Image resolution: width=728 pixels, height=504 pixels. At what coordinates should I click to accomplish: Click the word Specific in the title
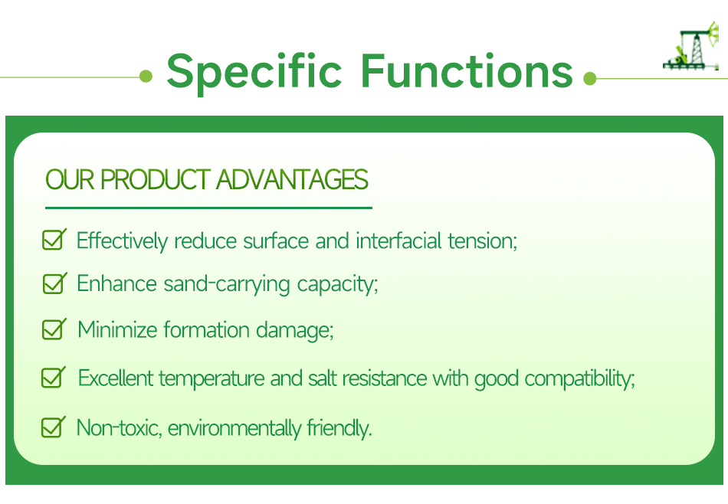(x=254, y=72)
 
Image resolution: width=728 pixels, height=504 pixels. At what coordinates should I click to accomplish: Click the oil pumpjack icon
(x=691, y=46)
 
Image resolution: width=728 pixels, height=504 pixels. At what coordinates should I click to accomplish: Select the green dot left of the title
(x=146, y=76)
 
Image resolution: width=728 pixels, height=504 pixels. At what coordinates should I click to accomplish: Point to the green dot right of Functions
(x=589, y=78)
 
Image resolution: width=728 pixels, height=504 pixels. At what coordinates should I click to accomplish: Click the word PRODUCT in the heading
(x=156, y=179)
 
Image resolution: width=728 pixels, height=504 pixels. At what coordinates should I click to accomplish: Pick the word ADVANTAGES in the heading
(x=292, y=179)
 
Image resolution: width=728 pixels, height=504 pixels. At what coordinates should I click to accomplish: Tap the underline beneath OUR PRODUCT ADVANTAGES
(x=209, y=208)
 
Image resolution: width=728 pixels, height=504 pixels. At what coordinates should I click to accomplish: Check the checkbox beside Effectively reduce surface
(x=54, y=239)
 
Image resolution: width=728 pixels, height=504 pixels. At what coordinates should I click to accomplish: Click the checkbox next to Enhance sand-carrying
(x=54, y=283)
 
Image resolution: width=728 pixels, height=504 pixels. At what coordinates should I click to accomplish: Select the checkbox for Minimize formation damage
(x=54, y=329)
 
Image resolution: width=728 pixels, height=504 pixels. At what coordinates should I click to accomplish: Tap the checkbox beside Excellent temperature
(x=54, y=377)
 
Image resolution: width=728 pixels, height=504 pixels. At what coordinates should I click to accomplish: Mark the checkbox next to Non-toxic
(x=54, y=427)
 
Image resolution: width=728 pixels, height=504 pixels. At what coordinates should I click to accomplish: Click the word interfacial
(x=398, y=241)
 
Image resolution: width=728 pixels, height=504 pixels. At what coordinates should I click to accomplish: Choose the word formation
(x=207, y=329)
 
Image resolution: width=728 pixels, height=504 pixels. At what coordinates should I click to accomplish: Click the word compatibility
(x=579, y=378)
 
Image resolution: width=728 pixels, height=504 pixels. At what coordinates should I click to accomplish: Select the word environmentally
(x=234, y=428)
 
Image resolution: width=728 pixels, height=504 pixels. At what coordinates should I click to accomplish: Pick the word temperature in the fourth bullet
(x=212, y=378)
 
